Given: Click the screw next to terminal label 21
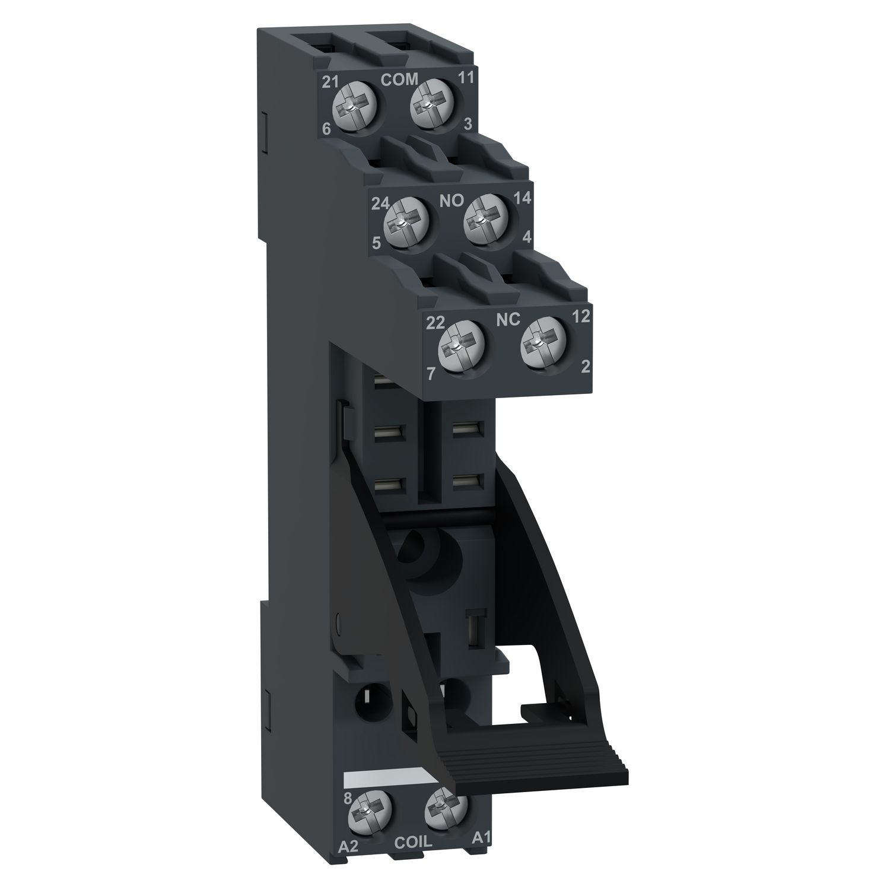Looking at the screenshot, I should point(355,106).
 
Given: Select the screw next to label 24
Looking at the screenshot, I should point(406,223).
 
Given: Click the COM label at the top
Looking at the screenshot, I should point(399,80).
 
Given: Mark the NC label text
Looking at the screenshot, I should point(507,320).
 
